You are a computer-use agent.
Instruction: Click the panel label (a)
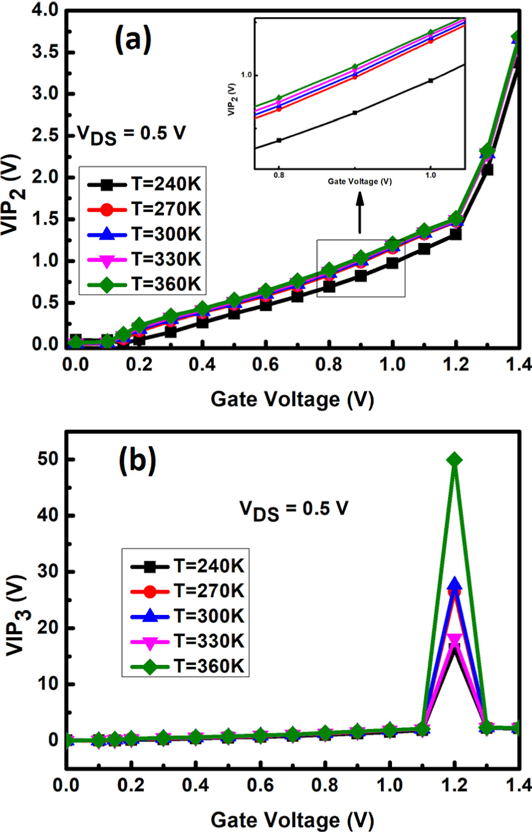pos(133,40)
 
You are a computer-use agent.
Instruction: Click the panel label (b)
pos(137,461)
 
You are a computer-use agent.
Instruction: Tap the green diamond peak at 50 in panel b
pos(454,460)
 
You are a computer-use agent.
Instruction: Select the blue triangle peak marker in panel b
pos(454,584)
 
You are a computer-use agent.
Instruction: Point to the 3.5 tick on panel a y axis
pos(45,52)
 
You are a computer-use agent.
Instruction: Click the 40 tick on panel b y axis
pos(48,515)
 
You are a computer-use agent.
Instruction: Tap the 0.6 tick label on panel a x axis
pos(265,364)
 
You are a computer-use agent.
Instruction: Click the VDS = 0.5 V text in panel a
pos(131,134)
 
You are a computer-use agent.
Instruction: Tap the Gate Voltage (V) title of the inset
pos(360,181)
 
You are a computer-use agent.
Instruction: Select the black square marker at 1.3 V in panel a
pos(487,170)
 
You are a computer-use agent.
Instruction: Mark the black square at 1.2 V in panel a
pos(455,234)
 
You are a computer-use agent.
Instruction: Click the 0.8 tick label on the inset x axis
pos(279,175)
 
